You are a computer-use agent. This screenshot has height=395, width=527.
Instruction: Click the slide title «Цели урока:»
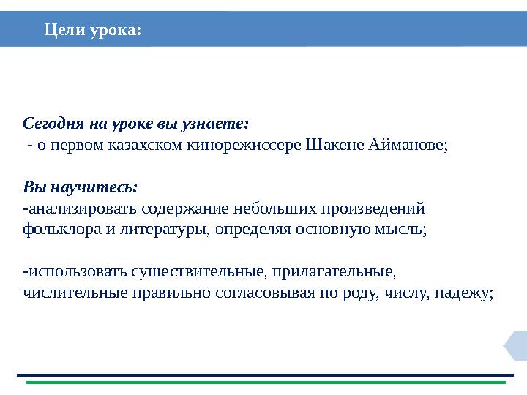(x=92, y=30)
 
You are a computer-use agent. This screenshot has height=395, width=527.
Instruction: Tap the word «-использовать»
(x=75, y=273)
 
